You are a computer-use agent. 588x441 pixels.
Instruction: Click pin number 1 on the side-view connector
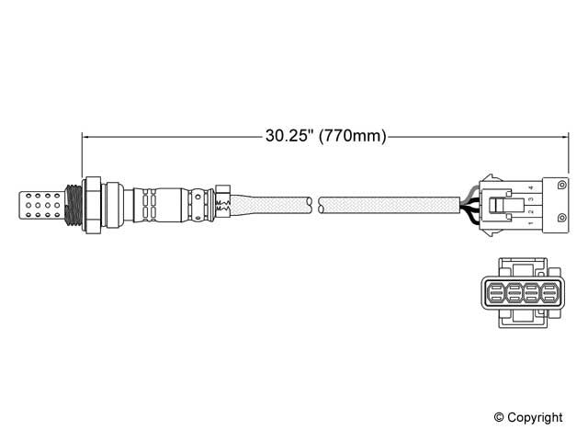click(531, 222)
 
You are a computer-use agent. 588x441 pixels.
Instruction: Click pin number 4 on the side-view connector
click(531, 187)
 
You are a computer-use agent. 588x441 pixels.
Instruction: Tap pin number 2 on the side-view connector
click(531, 211)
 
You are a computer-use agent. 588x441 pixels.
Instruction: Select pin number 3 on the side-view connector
click(531, 198)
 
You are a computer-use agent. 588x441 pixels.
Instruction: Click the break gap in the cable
click(314, 203)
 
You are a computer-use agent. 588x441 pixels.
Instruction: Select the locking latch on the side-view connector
click(502, 204)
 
